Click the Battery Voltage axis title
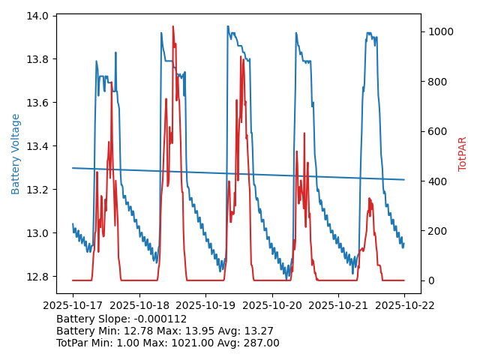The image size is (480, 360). tap(16, 154)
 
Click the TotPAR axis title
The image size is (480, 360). tap(463, 154)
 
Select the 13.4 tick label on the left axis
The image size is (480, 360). tap(40, 146)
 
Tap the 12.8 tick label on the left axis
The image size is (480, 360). tap(40, 277)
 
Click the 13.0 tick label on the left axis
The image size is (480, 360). tap(40, 233)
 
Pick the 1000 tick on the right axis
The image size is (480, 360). tap(439, 31)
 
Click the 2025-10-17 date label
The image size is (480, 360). tap(72, 305)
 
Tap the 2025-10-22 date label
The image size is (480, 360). tap(404, 305)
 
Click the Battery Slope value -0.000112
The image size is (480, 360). tap(160, 319)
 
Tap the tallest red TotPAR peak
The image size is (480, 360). tap(173, 27)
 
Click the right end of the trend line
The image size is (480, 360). tap(404, 180)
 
